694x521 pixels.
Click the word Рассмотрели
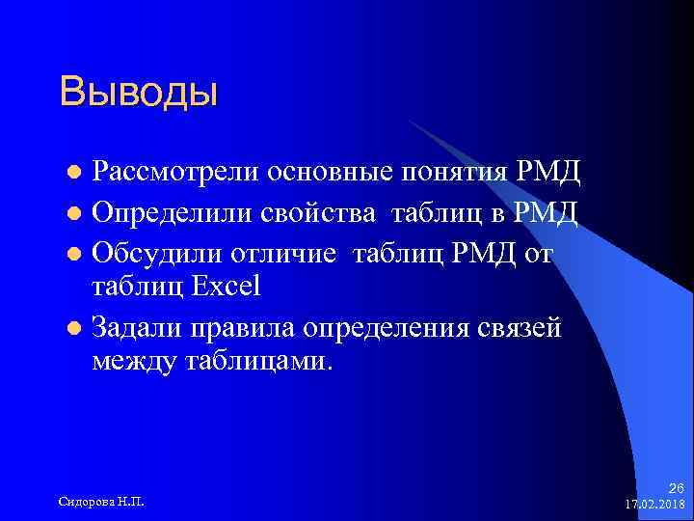(x=161, y=173)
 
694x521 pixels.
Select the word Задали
(x=131, y=326)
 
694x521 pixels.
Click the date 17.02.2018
(x=654, y=503)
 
